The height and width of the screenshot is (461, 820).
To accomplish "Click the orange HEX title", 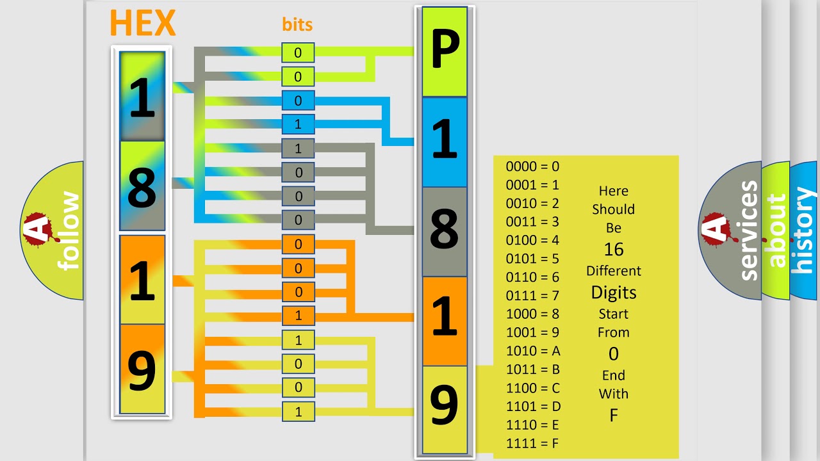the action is point(143,22).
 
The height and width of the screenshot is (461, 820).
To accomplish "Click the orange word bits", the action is point(297,24).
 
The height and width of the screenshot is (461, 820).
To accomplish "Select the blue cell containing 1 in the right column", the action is point(445,142).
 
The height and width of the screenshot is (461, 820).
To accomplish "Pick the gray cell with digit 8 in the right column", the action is point(445,232).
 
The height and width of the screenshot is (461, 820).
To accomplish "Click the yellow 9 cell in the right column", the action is point(445,410).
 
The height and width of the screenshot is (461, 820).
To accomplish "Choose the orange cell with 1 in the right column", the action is point(445,321).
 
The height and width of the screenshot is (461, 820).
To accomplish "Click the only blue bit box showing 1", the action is point(298,124).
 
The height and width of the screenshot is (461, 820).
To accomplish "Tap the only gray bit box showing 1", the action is point(298,149).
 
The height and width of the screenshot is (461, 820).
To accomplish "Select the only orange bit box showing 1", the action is point(298,316).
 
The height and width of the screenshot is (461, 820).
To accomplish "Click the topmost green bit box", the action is point(298,53).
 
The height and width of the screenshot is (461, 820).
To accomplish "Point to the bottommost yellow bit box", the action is point(298,412).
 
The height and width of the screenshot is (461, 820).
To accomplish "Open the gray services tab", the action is point(730,230).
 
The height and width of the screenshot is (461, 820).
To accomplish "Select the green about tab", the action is point(776,230).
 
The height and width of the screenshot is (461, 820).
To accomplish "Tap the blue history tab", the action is point(805,230).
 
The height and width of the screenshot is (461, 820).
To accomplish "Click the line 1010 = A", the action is point(533,351).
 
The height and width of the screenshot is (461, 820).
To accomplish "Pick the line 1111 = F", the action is point(532,443).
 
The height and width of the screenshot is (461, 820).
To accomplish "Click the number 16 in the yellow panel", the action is point(614,250).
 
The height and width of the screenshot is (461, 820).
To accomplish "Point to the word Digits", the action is point(614,293).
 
